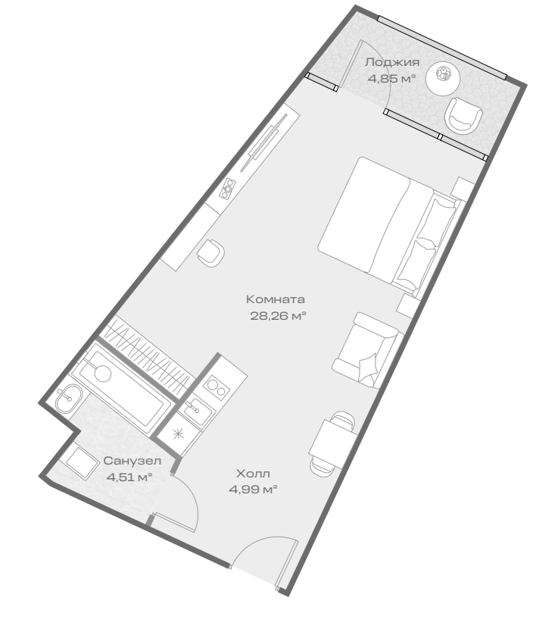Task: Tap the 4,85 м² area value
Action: pyautogui.click(x=391, y=78)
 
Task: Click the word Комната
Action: pyautogui.click(x=276, y=299)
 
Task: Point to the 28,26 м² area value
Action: pyautogui.click(x=279, y=316)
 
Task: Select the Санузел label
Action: pyautogui.click(x=132, y=461)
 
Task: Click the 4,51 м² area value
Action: pyautogui.click(x=129, y=477)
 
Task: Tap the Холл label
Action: pyautogui.click(x=253, y=474)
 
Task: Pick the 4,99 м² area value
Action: pyautogui.click(x=253, y=490)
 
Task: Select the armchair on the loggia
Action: pyautogui.click(x=463, y=115)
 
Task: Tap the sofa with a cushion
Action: pyautogui.click(x=367, y=350)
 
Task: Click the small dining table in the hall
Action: pyautogui.click(x=332, y=443)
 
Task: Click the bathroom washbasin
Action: pyautogui.click(x=69, y=398)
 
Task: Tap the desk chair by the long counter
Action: pyautogui.click(x=210, y=252)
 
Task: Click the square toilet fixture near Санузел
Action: pyautogui.click(x=82, y=462)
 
